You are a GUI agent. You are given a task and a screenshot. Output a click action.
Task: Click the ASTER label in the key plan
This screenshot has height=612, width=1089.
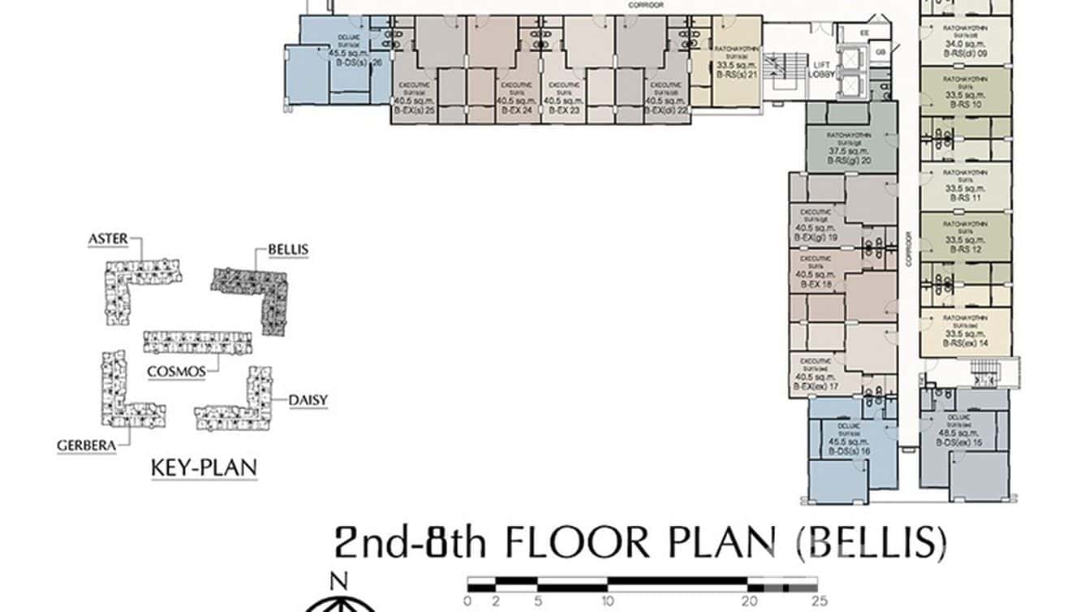(x=108, y=239)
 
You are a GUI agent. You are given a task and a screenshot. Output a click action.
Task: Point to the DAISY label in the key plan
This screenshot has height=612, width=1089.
(x=308, y=400)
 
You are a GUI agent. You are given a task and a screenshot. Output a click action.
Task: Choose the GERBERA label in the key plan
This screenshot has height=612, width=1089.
(x=82, y=445)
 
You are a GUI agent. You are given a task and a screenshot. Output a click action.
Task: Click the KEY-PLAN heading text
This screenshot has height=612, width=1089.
(x=204, y=468)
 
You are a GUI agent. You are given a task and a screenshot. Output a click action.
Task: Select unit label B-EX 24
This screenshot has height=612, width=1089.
(x=516, y=110)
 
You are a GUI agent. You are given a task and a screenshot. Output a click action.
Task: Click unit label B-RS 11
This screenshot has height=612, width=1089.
(x=964, y=197)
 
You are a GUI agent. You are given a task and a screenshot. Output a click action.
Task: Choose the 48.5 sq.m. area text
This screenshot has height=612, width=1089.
(x=964, y=433)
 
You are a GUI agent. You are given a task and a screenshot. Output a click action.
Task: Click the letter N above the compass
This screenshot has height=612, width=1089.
(x=340, y=580)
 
